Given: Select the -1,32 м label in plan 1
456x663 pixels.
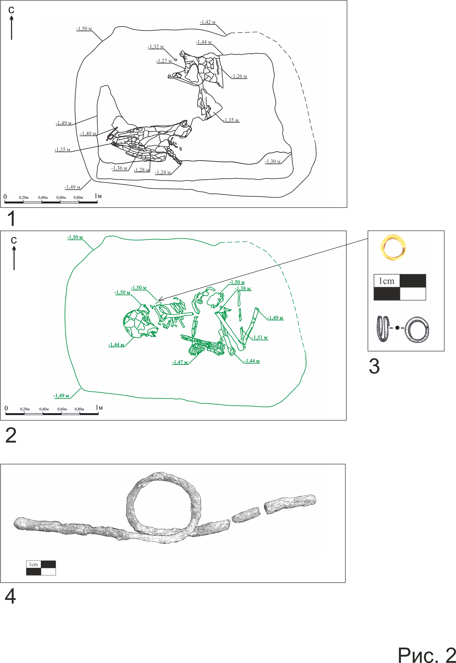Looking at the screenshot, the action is (x=156, y=47).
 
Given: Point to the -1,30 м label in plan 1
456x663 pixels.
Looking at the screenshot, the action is (x=273, y=161).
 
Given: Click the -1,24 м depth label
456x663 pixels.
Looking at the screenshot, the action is (x=163, y=172).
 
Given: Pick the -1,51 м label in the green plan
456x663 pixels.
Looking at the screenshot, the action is (x=260, y=338).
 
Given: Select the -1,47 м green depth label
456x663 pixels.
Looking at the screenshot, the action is (x=180, y=362).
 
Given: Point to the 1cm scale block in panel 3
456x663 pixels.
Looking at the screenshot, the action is (x=400, y=287).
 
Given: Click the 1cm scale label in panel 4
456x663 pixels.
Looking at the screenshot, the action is (x=33, y=564).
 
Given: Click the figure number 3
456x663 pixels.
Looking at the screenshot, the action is (x=374, y=366).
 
